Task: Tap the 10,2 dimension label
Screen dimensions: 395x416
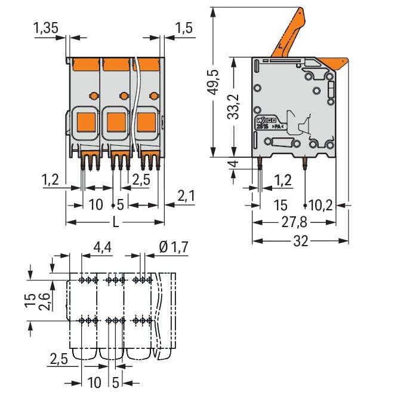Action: pyautogui.click(x=321, y=206)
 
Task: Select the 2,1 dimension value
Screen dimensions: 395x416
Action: pyautogui.click(x=187, y=195)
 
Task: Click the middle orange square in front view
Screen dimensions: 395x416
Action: pyautogui.click(x=116, y=122)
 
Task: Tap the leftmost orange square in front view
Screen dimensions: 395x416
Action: pyautogui.click(x=85, y=122)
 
